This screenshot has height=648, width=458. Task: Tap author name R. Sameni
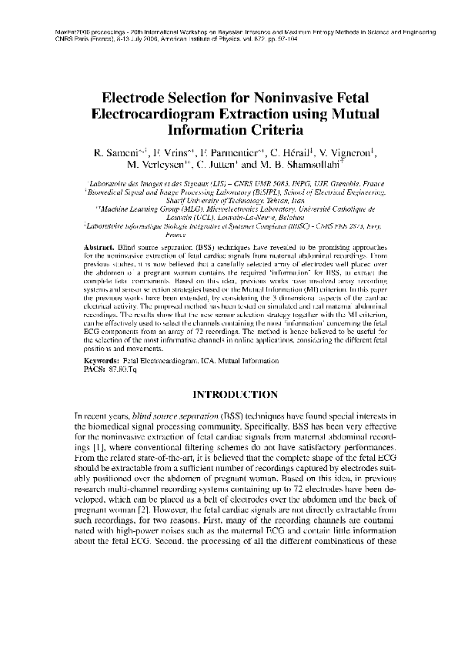tap(117, 152)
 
